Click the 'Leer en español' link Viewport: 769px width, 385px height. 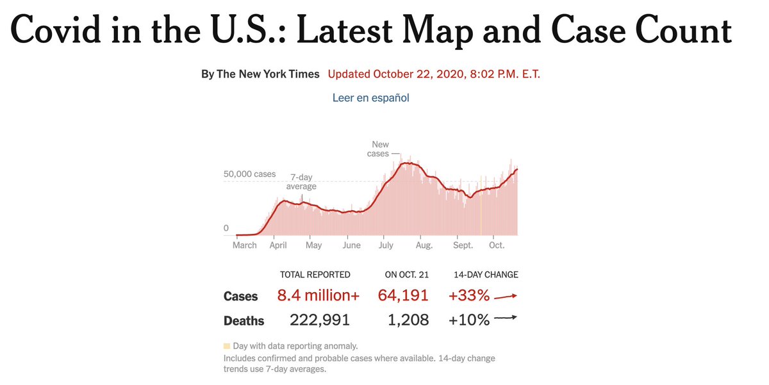[x=370, y=98]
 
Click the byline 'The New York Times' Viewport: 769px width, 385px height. [x=269, y=74]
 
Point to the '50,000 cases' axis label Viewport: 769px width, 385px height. [x=249, y=174]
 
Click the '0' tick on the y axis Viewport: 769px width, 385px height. [x=226, y=228]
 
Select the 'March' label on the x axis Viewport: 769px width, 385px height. [x=244, y=245]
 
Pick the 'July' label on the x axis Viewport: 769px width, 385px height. [x=386, y=245]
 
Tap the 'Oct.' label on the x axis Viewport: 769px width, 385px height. [x=497, y=245]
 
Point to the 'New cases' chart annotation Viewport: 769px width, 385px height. [x=379, y=149]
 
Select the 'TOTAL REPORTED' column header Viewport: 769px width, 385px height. [x=315, y=275]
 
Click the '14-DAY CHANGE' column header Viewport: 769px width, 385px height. [x=486, y=275]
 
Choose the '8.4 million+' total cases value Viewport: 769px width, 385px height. [x=318, y=296]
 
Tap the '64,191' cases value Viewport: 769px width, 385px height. [x=403, y=296]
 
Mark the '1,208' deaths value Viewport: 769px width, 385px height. [x=408, y=320]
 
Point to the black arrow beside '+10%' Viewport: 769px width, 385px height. [x=505, y=318]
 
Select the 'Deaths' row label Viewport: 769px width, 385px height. [x=244, y=320]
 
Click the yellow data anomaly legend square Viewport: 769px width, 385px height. [x=226, y=346]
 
